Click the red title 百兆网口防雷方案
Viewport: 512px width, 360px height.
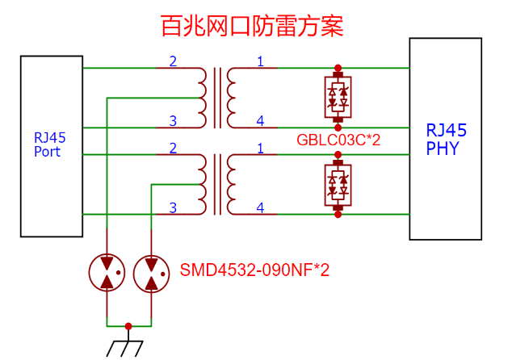[x=252, y=26]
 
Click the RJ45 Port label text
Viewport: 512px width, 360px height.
[x=49, y=144]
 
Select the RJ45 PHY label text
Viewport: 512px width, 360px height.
[x=446, y=140]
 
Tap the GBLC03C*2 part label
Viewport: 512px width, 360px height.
[x=338, y=140]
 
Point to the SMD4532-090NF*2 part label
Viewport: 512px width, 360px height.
[x=254, y=270]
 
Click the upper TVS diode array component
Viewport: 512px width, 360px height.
[x=338, y=97]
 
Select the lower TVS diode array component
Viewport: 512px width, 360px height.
[x=338, y=185]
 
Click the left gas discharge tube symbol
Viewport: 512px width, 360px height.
[x=107, y=273]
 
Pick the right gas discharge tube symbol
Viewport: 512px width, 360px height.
[x=151, y=274]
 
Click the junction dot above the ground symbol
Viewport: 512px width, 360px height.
[x=128, y=326]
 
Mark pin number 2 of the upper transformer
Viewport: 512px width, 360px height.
[x=173, y=61]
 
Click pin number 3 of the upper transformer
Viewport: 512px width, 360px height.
[x=173, y=121]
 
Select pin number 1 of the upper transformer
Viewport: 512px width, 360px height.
[x=260, y=61]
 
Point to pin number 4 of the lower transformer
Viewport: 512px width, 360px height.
[x=260, y=207]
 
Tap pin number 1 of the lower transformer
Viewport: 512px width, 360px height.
[x=260, y=149]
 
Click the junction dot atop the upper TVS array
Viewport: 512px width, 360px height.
[x=338, y=68]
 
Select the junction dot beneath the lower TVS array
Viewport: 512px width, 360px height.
[x=338, y=215]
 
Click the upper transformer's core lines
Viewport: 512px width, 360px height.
[x=217, y=98]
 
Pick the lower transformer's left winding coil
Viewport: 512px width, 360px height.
[x=203, y=184]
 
